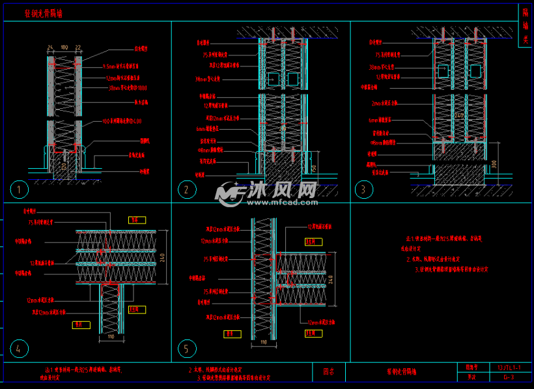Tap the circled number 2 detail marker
pos(187,190)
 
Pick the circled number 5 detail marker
pos(186,349)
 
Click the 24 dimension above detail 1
pos(50,48)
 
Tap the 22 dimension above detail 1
pos(78,48)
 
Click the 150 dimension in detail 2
pos(314,169)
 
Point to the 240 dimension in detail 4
pos(170,257)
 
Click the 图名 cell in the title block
pos(329,372)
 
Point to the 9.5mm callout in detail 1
pos(120,67)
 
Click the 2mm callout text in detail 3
pos(384,103)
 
